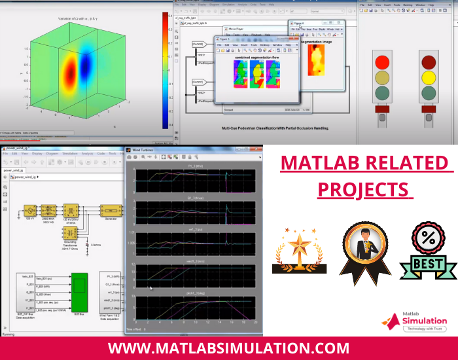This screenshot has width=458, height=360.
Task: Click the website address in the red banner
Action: [229, 348]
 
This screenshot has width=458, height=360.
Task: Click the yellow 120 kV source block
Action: [29, 210]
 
